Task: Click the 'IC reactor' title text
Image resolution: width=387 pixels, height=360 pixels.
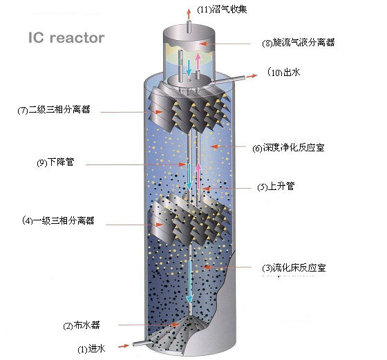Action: coord(66,37)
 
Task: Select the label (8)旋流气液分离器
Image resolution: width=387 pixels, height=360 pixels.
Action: coord(298,42)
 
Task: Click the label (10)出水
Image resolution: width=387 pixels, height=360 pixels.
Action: coord(283,72)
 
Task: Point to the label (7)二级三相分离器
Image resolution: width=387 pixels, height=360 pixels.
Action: coord(59,110)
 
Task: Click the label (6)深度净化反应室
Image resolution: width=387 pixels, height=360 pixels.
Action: coord(287,147)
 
